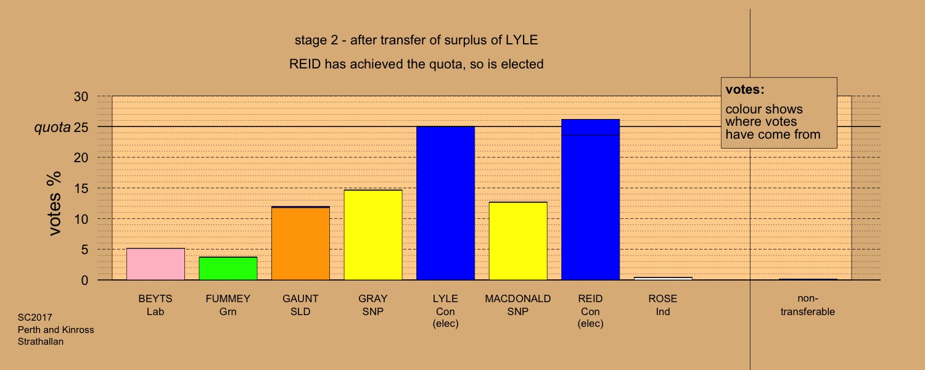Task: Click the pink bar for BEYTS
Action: point(155,265)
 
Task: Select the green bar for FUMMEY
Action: point(228,269)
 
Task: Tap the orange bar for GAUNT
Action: point(301,243)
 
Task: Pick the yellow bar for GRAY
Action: point(373,235)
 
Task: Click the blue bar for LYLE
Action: point(446,203)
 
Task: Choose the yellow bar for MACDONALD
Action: point(518,241)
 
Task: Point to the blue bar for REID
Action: point(591,200)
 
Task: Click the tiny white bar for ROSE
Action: point(663,279)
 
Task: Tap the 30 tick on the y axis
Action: point(81,97)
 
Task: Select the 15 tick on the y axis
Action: point(81,189)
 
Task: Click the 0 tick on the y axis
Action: point(84,281)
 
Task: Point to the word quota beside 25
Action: point(52,128)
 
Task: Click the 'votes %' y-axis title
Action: point(55,203)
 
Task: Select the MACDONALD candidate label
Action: point(518,298)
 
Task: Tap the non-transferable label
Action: point(808,305)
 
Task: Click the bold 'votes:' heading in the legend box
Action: point(745,89)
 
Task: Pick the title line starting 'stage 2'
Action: point(416,40)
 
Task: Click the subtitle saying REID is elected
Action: point(416,64)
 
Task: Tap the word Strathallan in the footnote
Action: point(41,342)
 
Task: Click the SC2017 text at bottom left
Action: point(35,318)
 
